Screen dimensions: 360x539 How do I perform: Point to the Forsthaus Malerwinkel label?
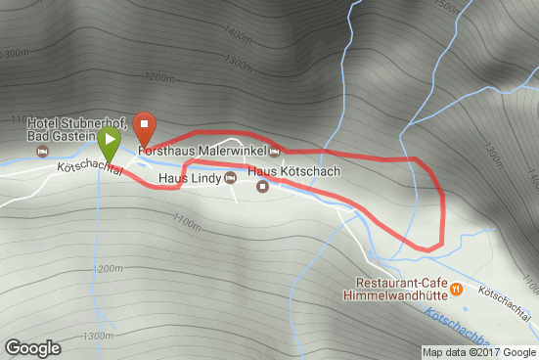[202, 152]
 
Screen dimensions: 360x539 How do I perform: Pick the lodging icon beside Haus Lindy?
[231, 178]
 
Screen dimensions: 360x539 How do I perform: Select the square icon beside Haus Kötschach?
[262, 186]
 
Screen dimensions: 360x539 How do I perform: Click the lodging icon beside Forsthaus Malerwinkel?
[275, 152]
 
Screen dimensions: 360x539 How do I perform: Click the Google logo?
[32, 347]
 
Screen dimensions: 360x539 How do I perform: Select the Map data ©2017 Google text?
[479, 352]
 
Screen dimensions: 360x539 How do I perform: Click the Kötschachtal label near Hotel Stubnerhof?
[90, 168]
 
